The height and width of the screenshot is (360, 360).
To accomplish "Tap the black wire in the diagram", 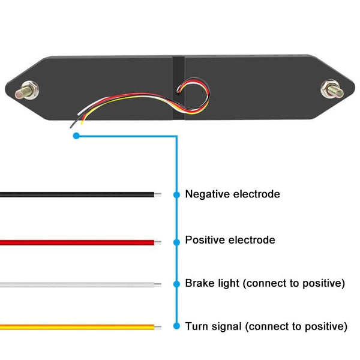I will pyautogui.click(x=78, y=194).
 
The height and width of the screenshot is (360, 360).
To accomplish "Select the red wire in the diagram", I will pyautogui.click(x=78, y=242).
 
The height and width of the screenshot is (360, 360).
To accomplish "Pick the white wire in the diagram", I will pyautogui.click(x=78, y=284).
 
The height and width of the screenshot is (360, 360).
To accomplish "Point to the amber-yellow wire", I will pyautogui.click(x=78, y=327).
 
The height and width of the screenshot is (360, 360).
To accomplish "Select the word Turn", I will pyautogui.click(x=196, y=326).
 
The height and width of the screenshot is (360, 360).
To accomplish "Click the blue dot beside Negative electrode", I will pyautogui.click(x=176, y=195).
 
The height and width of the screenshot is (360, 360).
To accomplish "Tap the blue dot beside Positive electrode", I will pyautogui.click(x=176, y=242).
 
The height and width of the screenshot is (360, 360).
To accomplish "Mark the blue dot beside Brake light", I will pyautogui.click(x=176, y=284).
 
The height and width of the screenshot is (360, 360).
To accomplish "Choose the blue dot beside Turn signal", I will pyautogui.click(x=176, y=326).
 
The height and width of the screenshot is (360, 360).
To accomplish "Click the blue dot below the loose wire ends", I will pyautogui.click(x=76, y=136).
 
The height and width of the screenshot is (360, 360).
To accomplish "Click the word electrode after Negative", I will pyautogui.click(x=256, y=194).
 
